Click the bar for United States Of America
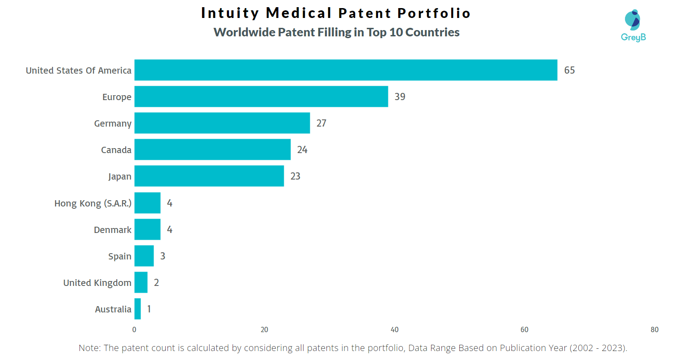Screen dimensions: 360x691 coord(346,70)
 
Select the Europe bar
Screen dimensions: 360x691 coord(261,97)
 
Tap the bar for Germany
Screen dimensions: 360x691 coord(222,123)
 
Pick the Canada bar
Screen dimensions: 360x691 coord(212,149)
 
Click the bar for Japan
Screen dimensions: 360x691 coord(209,176)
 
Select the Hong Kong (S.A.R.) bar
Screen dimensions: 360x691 coord(147,203)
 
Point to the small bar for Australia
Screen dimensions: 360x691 coord(137,309)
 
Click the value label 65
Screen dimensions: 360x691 coord(569,70)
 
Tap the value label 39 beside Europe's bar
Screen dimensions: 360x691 coord(400,97)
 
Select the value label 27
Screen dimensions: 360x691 coord(321,123)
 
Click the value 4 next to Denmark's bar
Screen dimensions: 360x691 coord(169,230)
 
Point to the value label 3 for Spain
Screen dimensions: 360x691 coord(163,256)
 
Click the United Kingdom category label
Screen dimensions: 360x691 coord(97,283)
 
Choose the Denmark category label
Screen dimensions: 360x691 coord(112,230)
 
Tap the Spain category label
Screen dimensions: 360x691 coord(119,256)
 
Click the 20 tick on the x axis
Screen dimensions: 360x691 coord(264,330)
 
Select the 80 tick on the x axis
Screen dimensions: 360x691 coord(654,330)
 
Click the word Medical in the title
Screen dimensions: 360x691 coord(299,13)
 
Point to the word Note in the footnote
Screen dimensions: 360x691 coord(89,348)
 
